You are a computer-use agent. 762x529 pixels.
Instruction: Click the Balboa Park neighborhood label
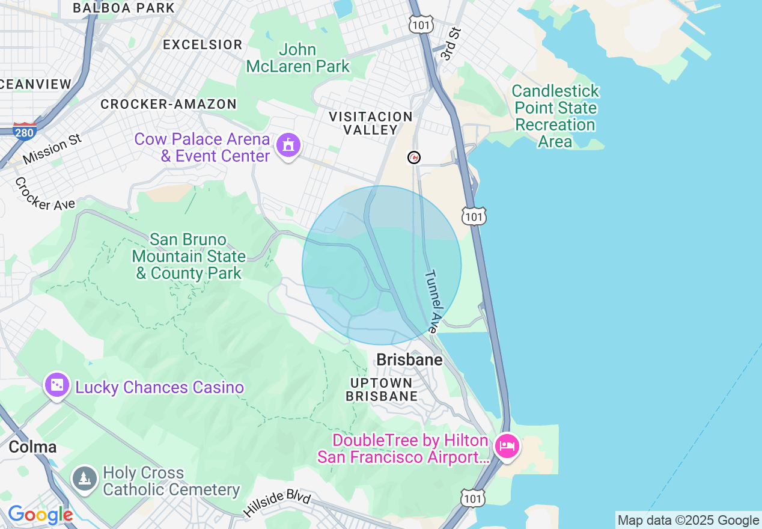(123, 8)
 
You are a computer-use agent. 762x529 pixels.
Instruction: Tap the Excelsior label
(203, 44)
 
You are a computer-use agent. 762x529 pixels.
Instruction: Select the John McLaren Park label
(298, 58)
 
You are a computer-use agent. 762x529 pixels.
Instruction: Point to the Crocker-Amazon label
(168, 104)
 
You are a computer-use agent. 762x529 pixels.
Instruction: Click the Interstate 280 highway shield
(25, 130)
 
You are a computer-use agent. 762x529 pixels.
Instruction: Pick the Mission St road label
(52, 149)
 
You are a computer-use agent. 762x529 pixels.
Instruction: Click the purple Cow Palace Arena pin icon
(288, 145)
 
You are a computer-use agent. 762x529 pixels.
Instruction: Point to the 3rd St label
(449, 44)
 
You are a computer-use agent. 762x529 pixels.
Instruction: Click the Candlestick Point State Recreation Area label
(555, 116)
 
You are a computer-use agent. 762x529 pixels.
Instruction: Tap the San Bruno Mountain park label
(189, 256)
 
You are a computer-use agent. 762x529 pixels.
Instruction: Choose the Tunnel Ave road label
(433, 301)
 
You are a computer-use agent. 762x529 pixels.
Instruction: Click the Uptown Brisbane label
(382, 390)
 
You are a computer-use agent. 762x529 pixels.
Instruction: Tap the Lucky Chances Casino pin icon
(57, 385)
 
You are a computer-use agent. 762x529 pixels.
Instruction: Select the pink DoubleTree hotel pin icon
(507, 447)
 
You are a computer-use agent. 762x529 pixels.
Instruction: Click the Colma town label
(32, 447)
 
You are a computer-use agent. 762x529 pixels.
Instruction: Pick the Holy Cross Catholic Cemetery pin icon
(85, 479)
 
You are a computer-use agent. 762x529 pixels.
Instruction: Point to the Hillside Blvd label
(277, 504)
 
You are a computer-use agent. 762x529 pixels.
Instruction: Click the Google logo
(40, 515)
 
